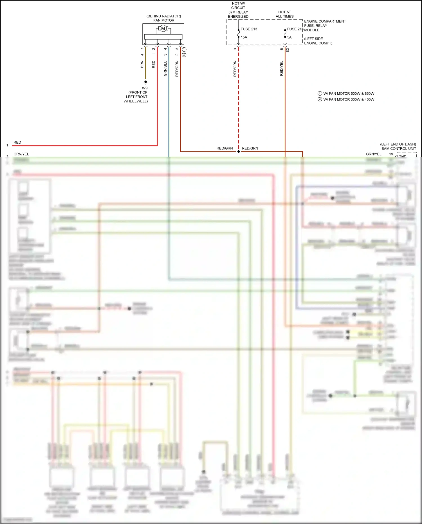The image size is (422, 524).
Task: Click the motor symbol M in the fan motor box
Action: [x=163, y=28]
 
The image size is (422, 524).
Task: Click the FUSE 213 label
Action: [x=249, y=29]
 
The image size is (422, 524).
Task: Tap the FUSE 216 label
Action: [x=295, y=29]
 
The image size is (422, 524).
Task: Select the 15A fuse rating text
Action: [x=244, y=37]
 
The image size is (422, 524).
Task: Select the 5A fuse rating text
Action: [x=289, y=37]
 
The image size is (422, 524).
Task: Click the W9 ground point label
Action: [x=145, y=88]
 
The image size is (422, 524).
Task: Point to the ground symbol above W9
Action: [x=145, y=82]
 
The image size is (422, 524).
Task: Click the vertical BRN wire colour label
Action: [x=142, y=64]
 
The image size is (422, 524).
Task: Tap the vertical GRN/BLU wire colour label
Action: [x=165, y=68]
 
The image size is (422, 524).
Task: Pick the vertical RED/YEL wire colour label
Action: [x=282, y=68]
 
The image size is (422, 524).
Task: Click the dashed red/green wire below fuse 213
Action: [x=239, y=99]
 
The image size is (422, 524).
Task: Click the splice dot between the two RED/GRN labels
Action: [x=239, y=151]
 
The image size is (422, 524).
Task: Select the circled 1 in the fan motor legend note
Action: [x=320, y=93]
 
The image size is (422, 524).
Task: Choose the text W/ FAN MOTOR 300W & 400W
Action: [x=349, y=99]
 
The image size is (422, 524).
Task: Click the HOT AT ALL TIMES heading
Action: [x=284, y=14]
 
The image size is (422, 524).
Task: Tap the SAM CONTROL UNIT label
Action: [x=398, y=149]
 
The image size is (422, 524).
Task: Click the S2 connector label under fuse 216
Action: [x=288, y=50]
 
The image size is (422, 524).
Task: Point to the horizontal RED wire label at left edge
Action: [x=17, y=142]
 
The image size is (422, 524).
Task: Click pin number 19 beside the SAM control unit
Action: [x=391, y=154]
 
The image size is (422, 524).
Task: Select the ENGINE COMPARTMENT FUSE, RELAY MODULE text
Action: [x=325, y=26]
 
